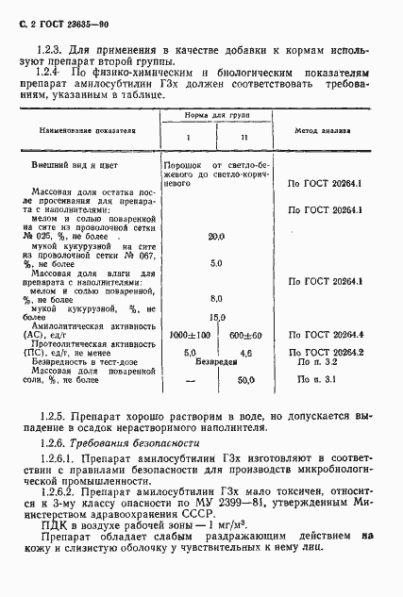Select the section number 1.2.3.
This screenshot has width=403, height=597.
(x=47, y=47)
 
